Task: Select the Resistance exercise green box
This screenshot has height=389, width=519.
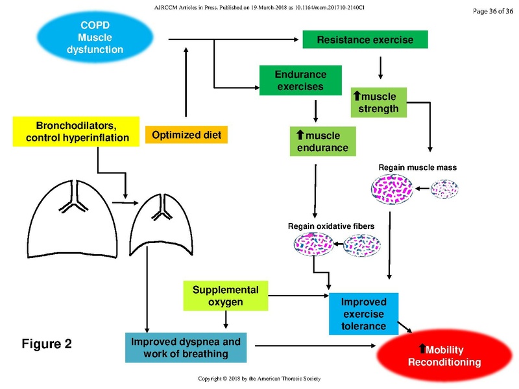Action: pyautogui.click(x=365, y=40)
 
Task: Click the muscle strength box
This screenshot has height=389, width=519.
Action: pyautogui.click(x=379, y=102)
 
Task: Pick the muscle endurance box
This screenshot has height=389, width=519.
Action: pyautogui.click(x=322, y=142)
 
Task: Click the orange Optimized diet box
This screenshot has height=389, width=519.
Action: pyautogui.click(x=186, y=136)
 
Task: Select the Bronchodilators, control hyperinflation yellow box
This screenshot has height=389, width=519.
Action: pyautogui.click(x=77, y=131)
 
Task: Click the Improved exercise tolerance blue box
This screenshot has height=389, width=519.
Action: pyautogui.click(x=363, y=314)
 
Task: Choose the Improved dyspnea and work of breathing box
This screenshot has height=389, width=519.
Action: pyautogui.click(x=186, y=348)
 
